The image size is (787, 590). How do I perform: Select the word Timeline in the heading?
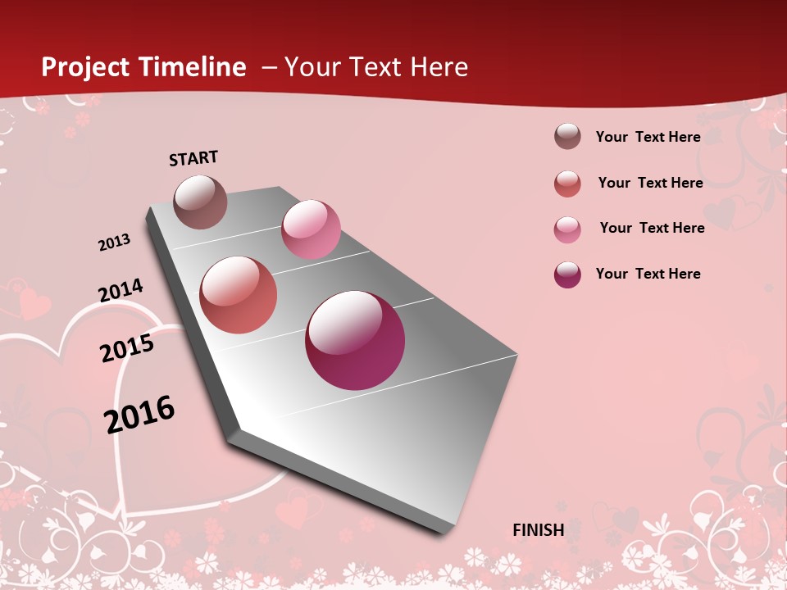pyautogui.click(x=193, y=67)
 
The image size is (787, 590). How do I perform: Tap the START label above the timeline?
pyautogui.click(x=193, y=158)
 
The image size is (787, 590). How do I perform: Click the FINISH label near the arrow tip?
pyautogui.click(x=539, y=530)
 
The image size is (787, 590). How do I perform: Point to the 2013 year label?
pyautogui.click(x=114, y=243)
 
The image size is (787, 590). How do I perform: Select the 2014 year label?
pyautogui.click(x=121, y=290)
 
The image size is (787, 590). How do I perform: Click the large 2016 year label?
pyautogui.click(x=140, y=414)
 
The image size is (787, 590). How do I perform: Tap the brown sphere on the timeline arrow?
pyautogui.click(x=200, y=202)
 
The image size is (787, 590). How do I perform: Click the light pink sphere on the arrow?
pyautogui.click(x=311, y=229)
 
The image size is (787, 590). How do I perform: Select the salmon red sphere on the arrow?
pyautogui.click(x=239, y=295)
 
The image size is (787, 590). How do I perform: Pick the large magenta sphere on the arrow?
pyautogui.click(x=355, y=339)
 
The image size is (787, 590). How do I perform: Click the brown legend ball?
pyautogui.click(x=567, y=136)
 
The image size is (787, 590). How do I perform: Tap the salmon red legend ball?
pyautogui.click(x=567, y=184)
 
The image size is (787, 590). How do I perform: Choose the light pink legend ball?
pyautogui.click(x=567, y=229)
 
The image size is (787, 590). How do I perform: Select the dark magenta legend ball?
pyautogui.click(x=567, y=275)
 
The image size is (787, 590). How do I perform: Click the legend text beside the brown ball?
pyautogui.click(x=648, y=137)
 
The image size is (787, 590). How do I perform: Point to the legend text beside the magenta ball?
pyautogui.click(x=648, y=274)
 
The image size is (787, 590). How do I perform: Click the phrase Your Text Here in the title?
pyautogui.click(x=376, y=67)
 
